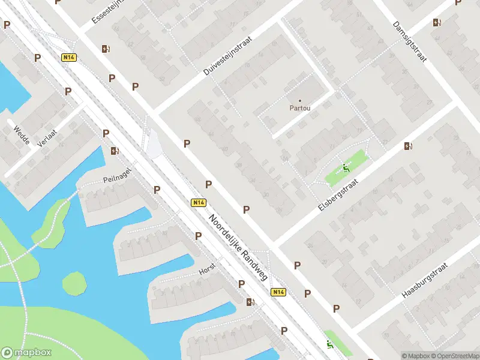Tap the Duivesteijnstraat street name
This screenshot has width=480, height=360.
tap(229, 55)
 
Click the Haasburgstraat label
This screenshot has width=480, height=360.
tap(422, 280)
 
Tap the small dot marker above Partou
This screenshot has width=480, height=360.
tap(300, 101)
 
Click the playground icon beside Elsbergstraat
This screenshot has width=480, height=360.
tap(345, 168)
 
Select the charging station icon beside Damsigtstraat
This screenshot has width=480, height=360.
tap(437, 23)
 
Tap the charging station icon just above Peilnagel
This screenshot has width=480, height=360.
tap(114, 151)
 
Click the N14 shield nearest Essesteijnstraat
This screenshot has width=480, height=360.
tap(69, 58)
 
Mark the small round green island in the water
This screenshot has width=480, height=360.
tap(74, 283)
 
